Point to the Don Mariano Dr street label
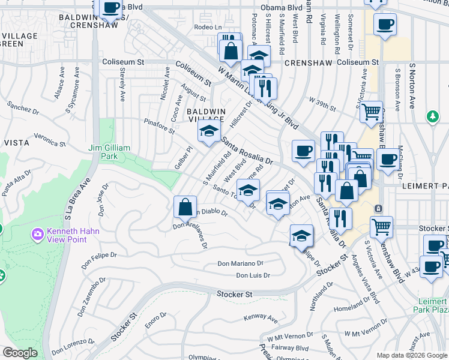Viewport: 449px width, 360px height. (241, 263)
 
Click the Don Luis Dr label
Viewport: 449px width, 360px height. (253, 275)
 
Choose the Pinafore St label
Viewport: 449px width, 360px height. (158, 122)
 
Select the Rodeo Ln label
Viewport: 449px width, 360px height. (208, 28)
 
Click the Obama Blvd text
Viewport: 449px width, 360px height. (286, 8)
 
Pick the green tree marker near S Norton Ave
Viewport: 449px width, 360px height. (432, 116)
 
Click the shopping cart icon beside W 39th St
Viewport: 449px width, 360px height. (372, 111)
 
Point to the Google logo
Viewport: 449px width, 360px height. (20, 353)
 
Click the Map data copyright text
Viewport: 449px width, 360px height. (411, 355)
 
